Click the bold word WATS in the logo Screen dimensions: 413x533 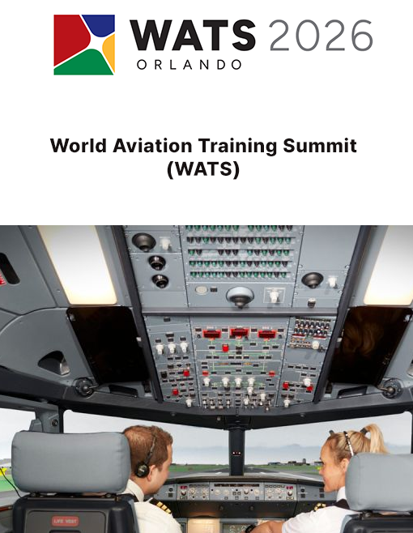coord(193,35)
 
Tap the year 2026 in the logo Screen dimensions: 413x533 coord(321,35)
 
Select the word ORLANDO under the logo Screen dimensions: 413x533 coord(189,65)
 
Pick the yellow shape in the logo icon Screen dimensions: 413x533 coord(109,53)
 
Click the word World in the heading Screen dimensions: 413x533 coord(79,146)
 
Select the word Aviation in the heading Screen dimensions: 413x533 coord(152,146)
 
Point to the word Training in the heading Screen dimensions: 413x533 coord(237,147)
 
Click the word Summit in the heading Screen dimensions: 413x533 coord(320,146)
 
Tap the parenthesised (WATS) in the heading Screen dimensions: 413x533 coord(203,168)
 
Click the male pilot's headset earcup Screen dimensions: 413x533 coord(142,470)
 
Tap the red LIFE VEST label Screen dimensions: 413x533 coord(65,521)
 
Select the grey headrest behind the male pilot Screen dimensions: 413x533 coord(70,462)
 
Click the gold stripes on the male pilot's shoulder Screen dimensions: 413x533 coord(159,505)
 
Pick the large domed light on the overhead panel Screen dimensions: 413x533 coord(240,296)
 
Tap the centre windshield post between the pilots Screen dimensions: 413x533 coord(236,452)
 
